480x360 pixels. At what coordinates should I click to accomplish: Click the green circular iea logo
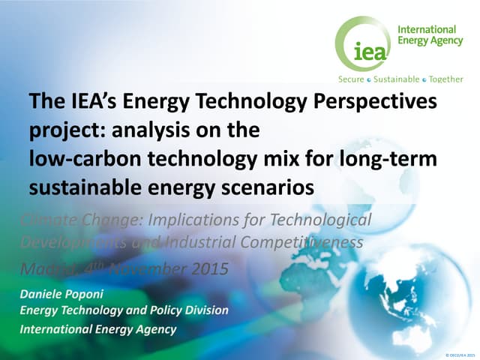pos(363,44)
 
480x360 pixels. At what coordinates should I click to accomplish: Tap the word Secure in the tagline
pos(352,79)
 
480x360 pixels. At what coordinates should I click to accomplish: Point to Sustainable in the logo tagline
pos(397,79)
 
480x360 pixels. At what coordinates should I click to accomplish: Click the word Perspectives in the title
pos(376,102)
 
